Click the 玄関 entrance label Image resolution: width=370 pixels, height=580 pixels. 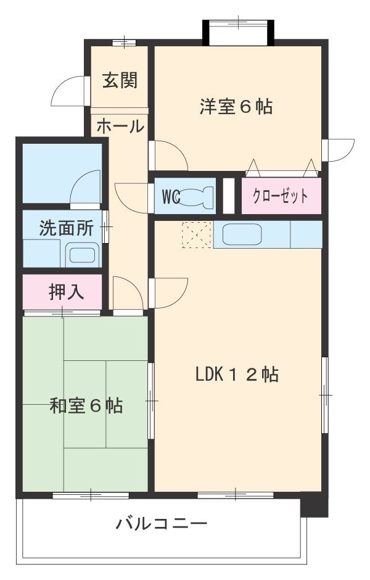click(120, 80)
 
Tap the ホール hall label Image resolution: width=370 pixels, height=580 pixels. click(120, 126)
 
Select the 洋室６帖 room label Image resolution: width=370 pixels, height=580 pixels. click(236, 106)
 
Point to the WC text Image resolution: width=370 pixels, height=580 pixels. click(170, 196)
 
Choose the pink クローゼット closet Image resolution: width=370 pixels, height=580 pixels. click(281, 196)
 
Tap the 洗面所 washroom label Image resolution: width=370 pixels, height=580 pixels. click(66, 228)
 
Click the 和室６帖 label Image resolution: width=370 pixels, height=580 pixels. click(86, 405)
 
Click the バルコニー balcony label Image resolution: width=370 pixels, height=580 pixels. click(162, 525)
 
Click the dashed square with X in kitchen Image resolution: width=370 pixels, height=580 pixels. click(196, 234)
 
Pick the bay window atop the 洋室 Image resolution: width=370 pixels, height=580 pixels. click(238, 31)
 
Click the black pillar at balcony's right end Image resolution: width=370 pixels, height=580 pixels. click(314, 504)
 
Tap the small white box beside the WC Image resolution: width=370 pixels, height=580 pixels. click(228, 196)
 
